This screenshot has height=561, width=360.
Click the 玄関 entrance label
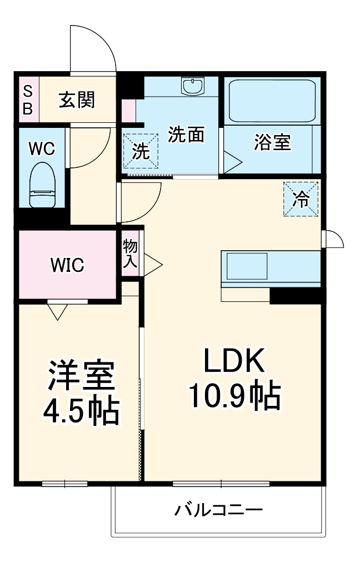[77, 100]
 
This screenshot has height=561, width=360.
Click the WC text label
[42, 148]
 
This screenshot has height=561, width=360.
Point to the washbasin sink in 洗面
[193, 86]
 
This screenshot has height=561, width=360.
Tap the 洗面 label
[186, 135]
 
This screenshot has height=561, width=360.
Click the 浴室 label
[272, 142]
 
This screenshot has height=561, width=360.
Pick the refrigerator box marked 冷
[301, 199]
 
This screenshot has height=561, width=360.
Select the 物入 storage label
[130, 255]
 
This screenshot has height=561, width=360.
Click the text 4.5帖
[81, 412]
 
